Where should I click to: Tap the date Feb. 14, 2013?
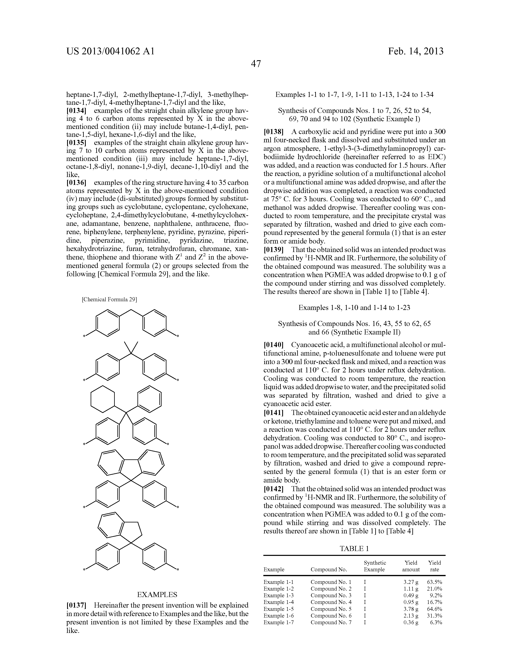(416, 51)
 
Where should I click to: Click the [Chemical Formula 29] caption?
(109, 299)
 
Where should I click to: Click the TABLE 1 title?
(354, 549)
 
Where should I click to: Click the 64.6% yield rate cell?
(434, 609)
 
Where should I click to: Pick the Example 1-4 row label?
(279, 602)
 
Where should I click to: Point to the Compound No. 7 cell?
(331, 622)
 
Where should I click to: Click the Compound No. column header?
(329, 569)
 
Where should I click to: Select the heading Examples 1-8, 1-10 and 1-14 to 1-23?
(354, 308)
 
